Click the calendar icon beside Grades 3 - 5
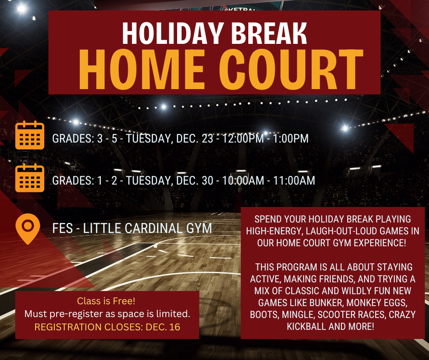[x=30, y=135]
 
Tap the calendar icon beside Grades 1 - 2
[x=30, y=178]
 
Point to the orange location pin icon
[x=27, y=228]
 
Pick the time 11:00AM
[x=292, y=181]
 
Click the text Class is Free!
[x=106, y=301]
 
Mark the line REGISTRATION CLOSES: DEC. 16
[x=107, y=327]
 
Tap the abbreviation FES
[x=63, y=228]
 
